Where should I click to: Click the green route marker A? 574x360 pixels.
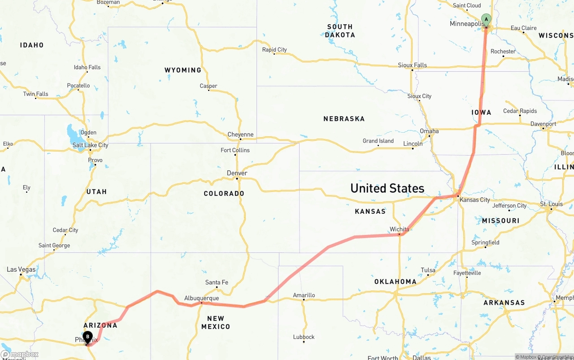[x=486, y=19]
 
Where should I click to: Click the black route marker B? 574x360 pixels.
[x=88, y=336]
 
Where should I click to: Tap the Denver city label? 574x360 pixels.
[x=237, y=173]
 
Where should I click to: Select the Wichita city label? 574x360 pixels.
[x=399, y=229]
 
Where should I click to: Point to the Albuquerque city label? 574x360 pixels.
[x=201, y=298]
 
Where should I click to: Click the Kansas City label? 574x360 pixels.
[x=475, y=200]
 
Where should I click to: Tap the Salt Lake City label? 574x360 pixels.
[x=90, y=145]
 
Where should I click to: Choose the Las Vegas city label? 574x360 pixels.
[x=21, y=269]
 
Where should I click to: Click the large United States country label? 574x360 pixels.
[x=387, y=188]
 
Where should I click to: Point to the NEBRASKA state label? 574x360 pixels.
[x=344, y=119]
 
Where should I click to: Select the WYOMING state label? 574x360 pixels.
[x=183, y=70]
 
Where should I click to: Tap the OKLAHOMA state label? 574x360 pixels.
[x=396, y=282]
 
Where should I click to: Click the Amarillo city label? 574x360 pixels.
[x=304, y=295]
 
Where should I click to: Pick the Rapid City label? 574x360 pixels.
[x=274, y=50]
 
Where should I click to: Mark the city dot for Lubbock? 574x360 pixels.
[x=304, y=342]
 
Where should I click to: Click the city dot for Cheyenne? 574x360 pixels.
[x=240, y=139]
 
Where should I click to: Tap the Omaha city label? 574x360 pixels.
[x=429, y=131]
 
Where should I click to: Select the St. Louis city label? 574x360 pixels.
[x=551, y=204]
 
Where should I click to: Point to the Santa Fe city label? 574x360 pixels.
[x=217, y=282]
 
